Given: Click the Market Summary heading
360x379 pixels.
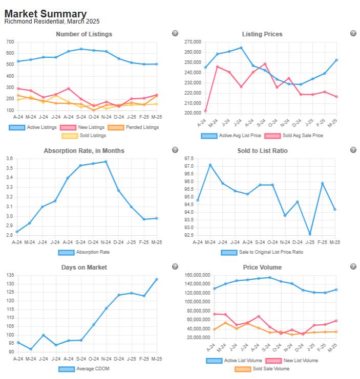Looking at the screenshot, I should point(46,14).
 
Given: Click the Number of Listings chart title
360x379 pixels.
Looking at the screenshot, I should point(83,34).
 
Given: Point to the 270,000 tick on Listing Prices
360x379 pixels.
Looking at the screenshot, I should point(192,42).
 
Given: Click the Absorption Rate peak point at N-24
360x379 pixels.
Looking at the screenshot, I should point(106,162).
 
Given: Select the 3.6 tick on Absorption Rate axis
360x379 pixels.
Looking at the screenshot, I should point(9,159).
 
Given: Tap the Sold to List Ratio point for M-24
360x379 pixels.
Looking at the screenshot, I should point(210,165).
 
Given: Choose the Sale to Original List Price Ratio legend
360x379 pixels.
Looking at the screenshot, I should point(262,252).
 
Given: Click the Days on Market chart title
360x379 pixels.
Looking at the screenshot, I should point(83,267).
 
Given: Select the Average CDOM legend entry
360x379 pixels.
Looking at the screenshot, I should point(84,369).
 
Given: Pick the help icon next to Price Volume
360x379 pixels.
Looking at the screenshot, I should point(353,266).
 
